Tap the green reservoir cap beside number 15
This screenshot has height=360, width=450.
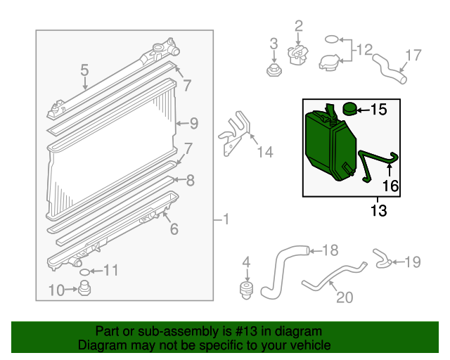[349, 109]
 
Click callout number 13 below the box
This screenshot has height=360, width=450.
[378, 210]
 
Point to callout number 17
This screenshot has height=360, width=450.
[413, 55]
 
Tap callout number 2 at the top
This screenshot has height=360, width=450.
[298, 27]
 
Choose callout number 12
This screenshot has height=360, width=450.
[363, 51]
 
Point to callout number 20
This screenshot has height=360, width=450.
[344, 297]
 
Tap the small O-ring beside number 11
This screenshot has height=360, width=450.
[84, 271]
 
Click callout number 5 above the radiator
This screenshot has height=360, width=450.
[84, 70]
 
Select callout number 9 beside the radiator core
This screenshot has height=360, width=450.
[193, 124]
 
